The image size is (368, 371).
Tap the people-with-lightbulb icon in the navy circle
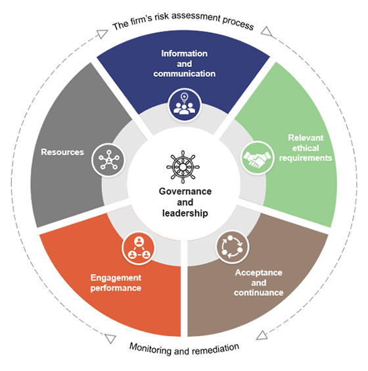(x=184, y=105)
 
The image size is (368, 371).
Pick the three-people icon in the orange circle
(x=138, y=247)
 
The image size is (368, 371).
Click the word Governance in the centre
(x=184, y=191)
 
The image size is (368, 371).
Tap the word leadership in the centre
(x=184, y=213)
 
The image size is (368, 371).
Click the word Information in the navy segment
(x=185, y=53)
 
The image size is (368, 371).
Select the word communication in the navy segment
(x=185, y=74)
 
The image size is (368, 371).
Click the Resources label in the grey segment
(x=62, y=152)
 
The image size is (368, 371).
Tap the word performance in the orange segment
(x=116, y=288)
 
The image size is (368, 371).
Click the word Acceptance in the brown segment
(x=259, y=272)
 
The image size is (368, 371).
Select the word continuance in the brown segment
(x=259, y=292)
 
